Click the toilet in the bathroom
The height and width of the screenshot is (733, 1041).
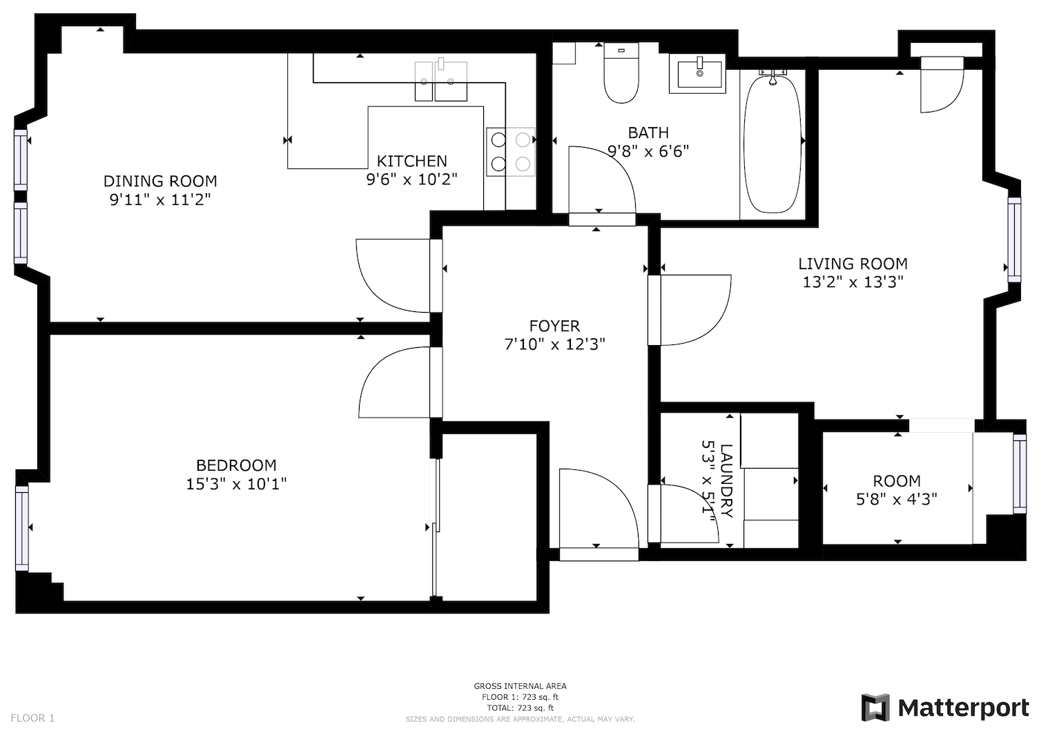[x=621, y=74]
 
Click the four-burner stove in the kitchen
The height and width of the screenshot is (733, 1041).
[x=510, y=152]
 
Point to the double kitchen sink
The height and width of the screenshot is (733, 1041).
[x=440, y=81]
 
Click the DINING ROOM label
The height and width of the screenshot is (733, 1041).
[x=160, y=182]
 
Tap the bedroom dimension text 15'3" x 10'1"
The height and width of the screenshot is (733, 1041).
[x=236, y=484]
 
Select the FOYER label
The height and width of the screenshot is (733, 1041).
[x=554, y=326]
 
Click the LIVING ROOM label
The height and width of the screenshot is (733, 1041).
[x=853, y=264]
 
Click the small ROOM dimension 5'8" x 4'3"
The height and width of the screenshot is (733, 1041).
[x=896, y=499]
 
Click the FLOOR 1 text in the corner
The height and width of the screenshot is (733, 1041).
[x=32, y=718]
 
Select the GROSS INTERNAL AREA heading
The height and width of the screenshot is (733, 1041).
[x=520, y=686]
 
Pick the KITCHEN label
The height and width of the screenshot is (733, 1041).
[x=411, y=162]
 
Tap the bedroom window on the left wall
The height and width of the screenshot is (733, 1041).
[x=22, y=528]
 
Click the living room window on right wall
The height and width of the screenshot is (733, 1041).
[x=1013, y=240]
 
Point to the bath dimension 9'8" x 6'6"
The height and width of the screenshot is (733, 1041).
[x=648, y=151]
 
